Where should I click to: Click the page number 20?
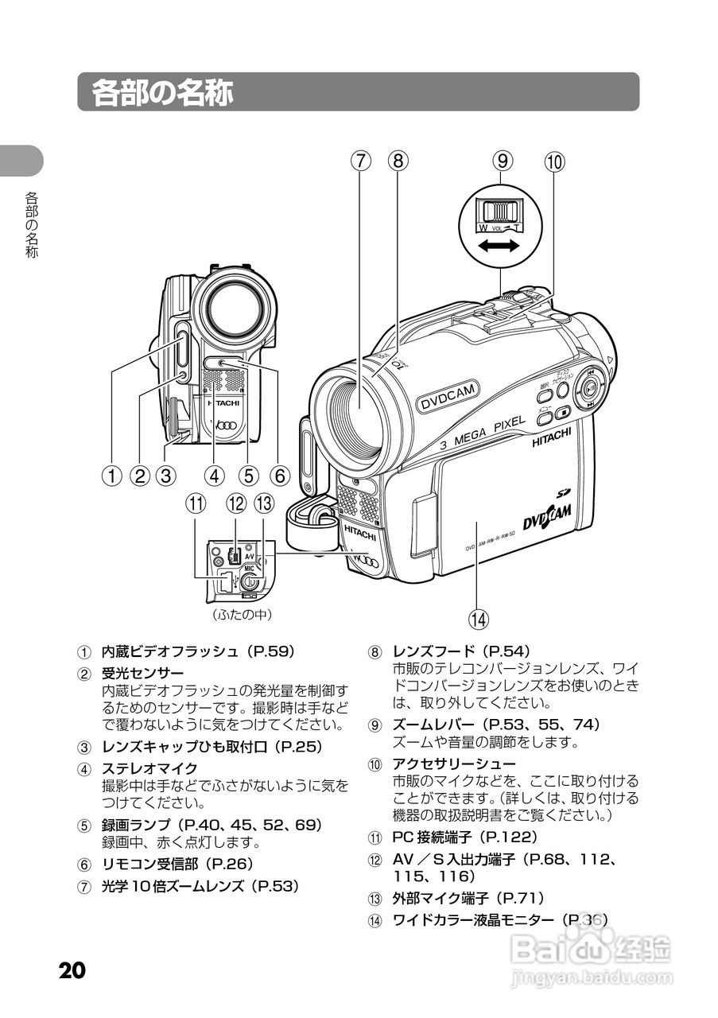click(71, 971)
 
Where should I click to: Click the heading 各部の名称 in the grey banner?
click(163, 92)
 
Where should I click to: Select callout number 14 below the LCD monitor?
click(478, 617)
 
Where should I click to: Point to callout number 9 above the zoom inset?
click(502, 161)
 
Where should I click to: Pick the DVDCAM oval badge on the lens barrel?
click(448, 396)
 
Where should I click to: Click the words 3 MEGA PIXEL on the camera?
click(483, 432)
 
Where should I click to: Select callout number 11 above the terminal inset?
click(196, 503)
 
